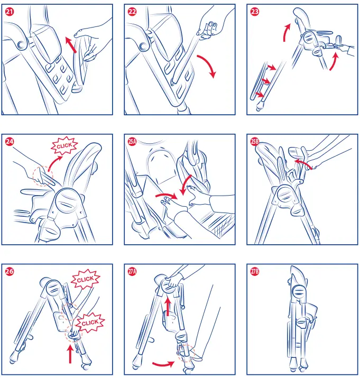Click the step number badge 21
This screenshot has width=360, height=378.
coord(10,12)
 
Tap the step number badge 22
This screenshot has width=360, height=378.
coord(132,12)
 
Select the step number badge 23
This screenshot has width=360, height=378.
coord(255,12)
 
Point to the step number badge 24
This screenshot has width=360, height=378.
coord(10,141)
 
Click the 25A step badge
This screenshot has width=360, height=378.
coord(132,141)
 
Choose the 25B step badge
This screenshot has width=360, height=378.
coord(255,141)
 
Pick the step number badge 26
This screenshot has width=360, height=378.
coord(10,271)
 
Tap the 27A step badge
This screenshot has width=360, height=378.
coord(132,271)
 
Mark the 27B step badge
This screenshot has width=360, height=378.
coord(255,271)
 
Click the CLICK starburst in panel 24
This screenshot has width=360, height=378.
coord(64,145)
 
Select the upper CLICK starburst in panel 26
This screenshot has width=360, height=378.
coord(85,279)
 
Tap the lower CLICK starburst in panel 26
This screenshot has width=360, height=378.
coord(90,323)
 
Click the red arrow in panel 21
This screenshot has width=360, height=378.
coord(71,44)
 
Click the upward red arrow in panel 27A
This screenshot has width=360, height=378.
coord(168,307)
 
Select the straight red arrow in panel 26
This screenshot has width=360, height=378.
coord(70,354)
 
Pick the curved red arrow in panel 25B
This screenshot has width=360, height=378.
coord(302,162)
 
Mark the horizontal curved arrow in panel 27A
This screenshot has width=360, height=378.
coord(164,364)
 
